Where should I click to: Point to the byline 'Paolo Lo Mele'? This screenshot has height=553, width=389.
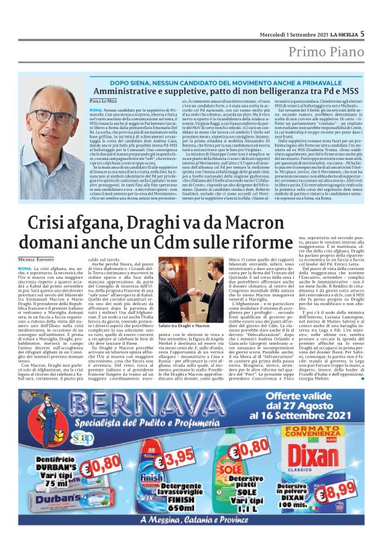[x=103, y=100]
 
